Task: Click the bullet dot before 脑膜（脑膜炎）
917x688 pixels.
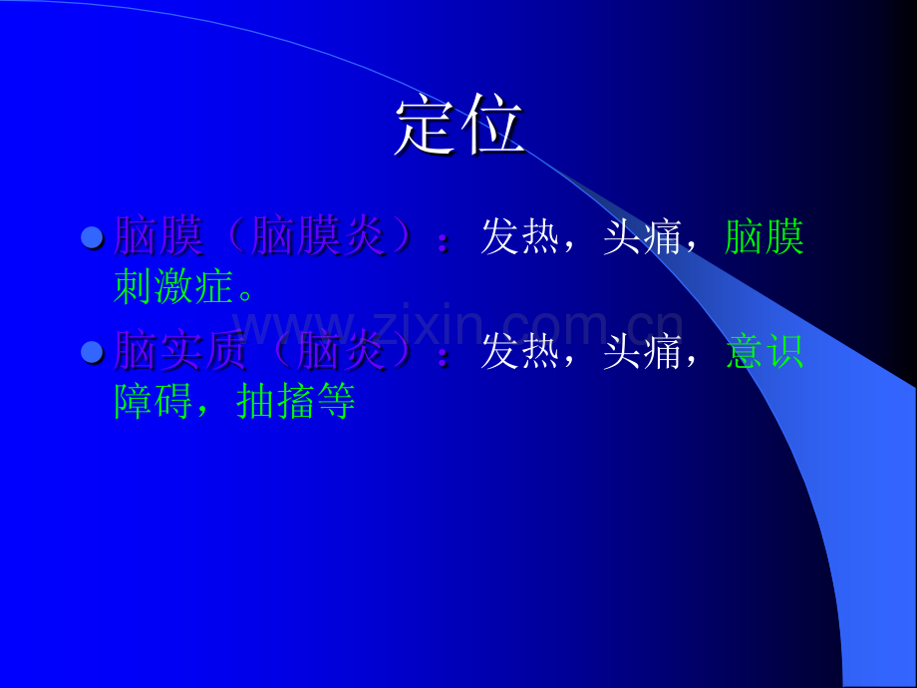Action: (x=92, y=237)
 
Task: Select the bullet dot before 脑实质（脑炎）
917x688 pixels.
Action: (x=92, y=352)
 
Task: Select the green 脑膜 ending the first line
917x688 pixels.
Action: (x=764, y=237)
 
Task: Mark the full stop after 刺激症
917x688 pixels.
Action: (x=247, y=295)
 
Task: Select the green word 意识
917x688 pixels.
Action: (x=764, y=352)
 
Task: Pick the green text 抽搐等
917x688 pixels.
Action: (x=296, y=403)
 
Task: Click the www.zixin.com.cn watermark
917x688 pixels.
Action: (x=458, y=325)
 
